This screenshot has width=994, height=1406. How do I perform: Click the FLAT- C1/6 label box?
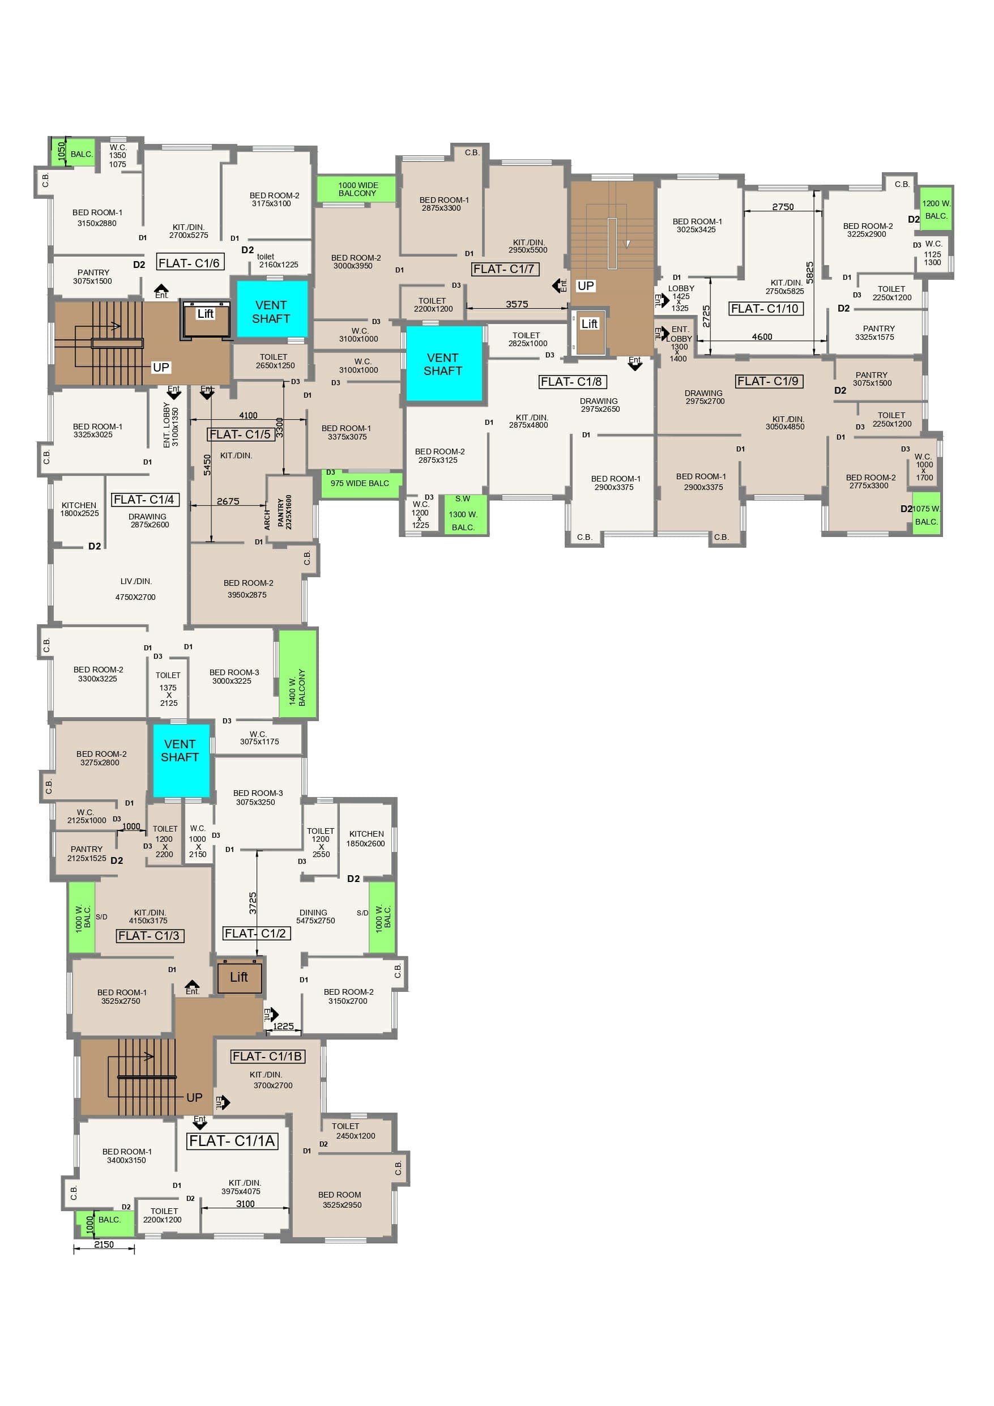pyautogui.click(x=190, y=263)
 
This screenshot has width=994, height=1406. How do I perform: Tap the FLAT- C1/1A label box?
pyautogui.click(x=232, y=1140)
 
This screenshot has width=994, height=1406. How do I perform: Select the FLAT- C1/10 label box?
pyautogui.click(x=766, y=309)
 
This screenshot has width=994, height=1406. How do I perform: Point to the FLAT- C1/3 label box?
pyautogui.click(x=150, y=935)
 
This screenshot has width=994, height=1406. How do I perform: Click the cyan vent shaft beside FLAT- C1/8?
pyautogui.click(x=444, y=364)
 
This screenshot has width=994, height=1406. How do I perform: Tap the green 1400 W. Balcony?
pyautogui.click(x=298, y=674)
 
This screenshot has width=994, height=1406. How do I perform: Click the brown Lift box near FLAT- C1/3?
pyautogui.click(x=240, y=977)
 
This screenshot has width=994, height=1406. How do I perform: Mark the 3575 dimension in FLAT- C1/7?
pyautogui.click(x=517, y=304)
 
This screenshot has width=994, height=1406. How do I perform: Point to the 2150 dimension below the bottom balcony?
pyautogui.click(x=104, y=1245)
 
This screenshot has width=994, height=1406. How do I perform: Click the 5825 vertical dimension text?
pyautogui.click(x=810, y=273)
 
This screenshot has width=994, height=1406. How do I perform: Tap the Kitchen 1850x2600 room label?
pyautogui.click(x=366, y=838)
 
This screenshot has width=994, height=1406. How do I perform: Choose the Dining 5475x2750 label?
pyautogui.click(x=315, y=916)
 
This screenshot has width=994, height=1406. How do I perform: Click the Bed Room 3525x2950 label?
pyautogui.click(x=340, y=1200)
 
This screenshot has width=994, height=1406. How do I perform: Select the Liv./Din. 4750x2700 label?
pyautogui.click(x=135, y=589)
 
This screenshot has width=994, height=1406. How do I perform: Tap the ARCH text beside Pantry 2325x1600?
pyautogui.click(x=267, y=520)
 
